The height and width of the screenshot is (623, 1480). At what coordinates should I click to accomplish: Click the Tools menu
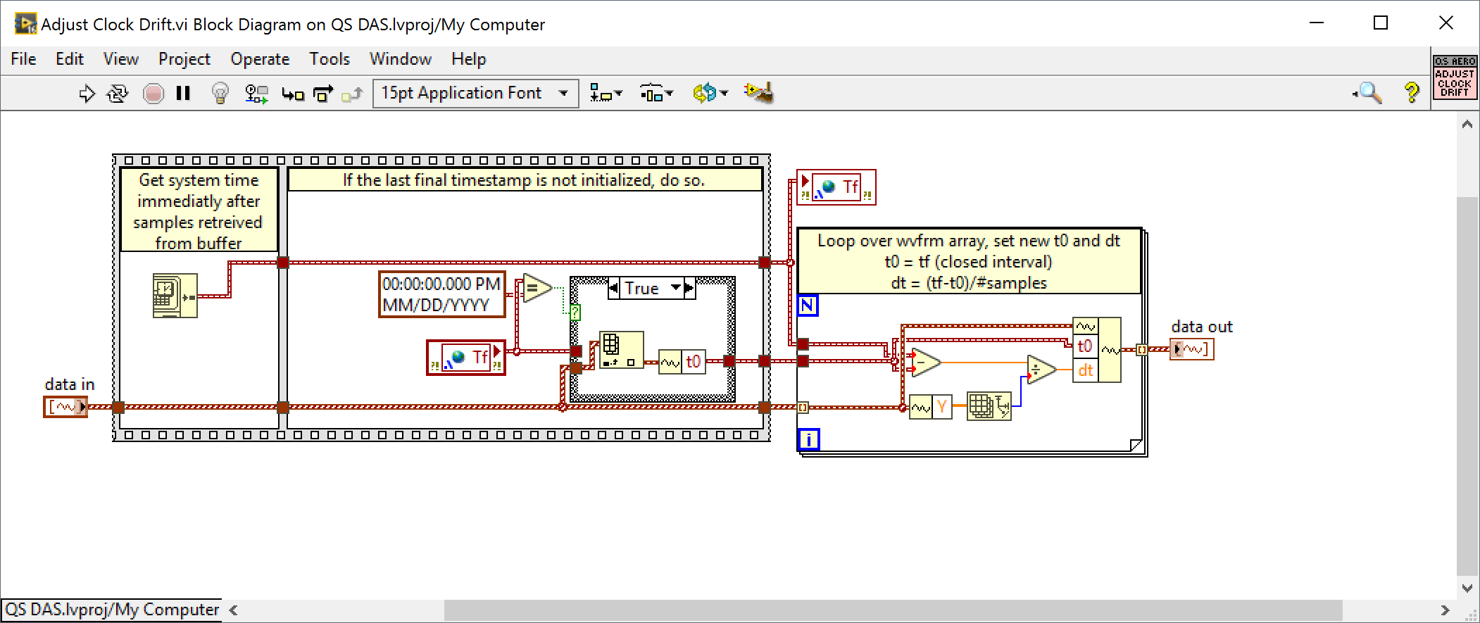point(329,59)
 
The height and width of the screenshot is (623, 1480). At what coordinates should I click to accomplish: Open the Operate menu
point(260,59)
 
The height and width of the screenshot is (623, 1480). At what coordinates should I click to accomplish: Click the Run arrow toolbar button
point(87,93)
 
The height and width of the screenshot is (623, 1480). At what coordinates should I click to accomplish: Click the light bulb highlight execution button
point(220,93)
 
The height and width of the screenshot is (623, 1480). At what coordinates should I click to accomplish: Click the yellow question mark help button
point(1411,92)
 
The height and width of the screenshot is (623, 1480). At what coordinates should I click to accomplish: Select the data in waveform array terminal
point(65,407)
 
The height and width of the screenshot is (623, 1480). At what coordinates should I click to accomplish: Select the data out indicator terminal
point(1192,349)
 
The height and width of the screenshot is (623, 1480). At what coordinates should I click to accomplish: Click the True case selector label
point(642,288)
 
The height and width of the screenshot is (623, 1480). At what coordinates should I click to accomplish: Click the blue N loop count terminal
point(808,306)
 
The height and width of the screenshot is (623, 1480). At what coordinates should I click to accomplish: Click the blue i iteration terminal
point(808,440)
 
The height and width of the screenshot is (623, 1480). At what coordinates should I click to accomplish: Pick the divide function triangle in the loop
point(1040,369)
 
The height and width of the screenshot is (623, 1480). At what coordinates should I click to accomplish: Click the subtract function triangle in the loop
point(925,362)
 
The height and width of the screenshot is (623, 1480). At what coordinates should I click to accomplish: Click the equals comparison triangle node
point(537,288)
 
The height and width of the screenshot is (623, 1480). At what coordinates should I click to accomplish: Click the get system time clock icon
point(175,296)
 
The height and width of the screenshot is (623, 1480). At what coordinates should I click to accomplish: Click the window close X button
point(1446,23)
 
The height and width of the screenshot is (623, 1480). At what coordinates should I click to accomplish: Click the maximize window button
point(1381,23)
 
